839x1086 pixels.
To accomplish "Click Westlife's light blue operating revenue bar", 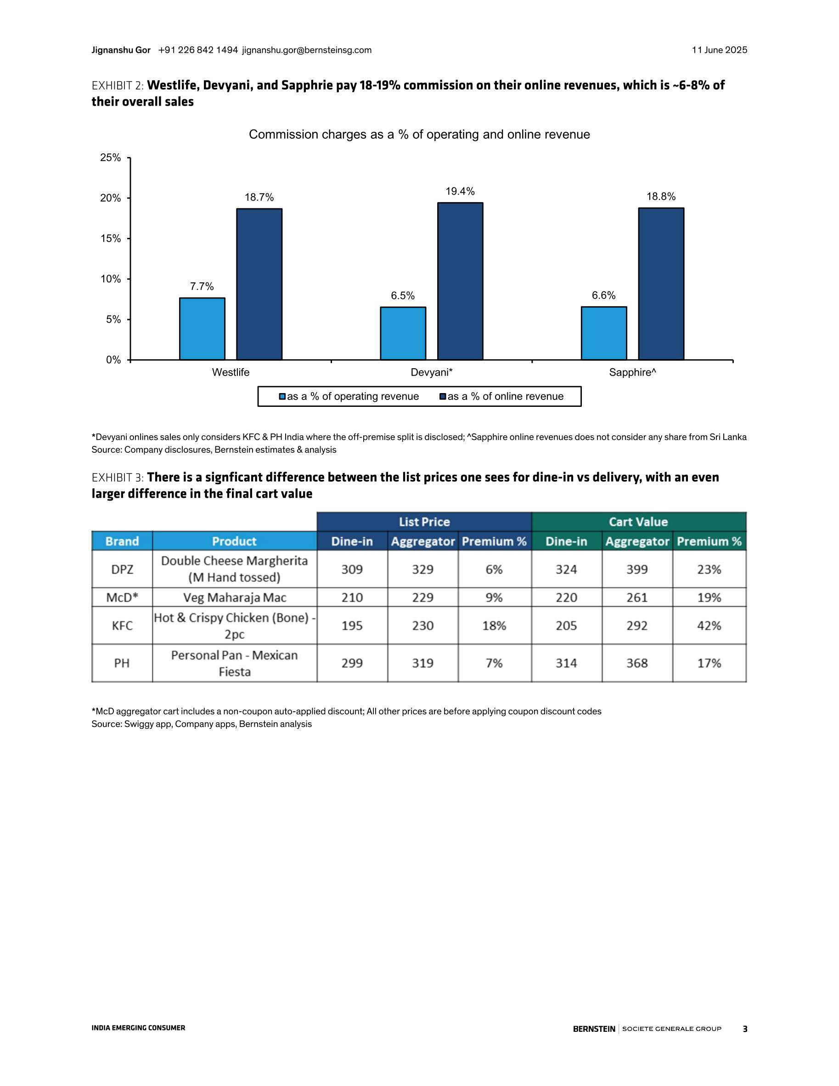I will pos(202,329).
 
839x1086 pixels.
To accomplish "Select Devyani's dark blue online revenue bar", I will pos(460,281).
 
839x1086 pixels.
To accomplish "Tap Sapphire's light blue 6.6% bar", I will pos(604,333).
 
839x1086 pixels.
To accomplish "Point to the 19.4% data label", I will pos(460,191).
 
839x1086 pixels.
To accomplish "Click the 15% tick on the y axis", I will pos(110,239).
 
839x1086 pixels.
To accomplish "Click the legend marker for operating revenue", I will pos(282,397).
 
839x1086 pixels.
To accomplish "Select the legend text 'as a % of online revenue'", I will pos(505,396).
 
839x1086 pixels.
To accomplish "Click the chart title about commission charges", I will pos(419,135).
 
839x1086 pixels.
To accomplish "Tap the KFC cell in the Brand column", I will pos(122,625).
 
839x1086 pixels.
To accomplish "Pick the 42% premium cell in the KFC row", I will pos(709,625).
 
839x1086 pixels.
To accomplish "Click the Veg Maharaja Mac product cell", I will pos(234,597).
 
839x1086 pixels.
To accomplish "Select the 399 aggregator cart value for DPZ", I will pos(637,569).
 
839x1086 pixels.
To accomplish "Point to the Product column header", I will pos(234,541).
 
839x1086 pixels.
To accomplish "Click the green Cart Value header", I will pos(639,522).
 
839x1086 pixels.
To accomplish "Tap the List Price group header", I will pos(424,522).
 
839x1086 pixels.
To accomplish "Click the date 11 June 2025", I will pos(719,50).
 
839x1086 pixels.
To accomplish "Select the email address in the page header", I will pos(307,50).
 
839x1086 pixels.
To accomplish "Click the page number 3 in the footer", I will pos(745,1029).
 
